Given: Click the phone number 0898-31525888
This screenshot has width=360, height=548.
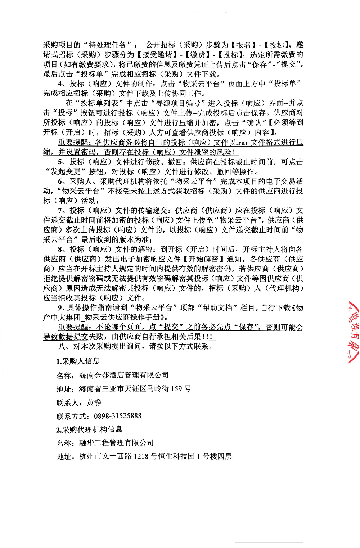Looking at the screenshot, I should [118, 416].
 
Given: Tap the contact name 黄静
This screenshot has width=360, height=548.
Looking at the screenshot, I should [94, 402].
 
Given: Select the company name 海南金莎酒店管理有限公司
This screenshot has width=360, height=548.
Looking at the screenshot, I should [124, 375].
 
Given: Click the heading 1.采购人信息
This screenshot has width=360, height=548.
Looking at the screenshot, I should [78, 361].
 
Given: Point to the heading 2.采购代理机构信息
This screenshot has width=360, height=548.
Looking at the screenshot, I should [89, 429].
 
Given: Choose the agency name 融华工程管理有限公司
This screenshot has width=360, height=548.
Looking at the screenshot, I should [116, 443].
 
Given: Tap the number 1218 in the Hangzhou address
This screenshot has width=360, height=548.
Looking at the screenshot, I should [141, 456].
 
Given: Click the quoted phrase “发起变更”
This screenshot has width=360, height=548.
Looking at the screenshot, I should [66, 171].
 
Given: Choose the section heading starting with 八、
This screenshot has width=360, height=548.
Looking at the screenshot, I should [136, 346].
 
